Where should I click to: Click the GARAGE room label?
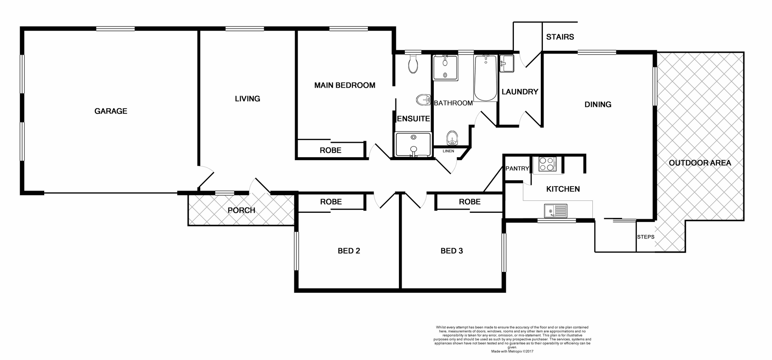(x=111, y=111)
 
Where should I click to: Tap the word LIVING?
(x=247, y=99)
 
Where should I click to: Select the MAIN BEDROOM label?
(x=345, y=85)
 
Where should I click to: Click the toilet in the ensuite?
(x=413, y=64)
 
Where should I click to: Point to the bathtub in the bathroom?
(x=485, y=78)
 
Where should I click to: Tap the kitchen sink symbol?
(x=555, y=210)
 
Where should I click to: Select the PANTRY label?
(x=517, y=169)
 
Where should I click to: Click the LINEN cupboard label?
(x=448, y=151)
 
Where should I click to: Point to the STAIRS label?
(x=560, y=37)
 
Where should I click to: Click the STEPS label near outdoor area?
(x=645, y=237)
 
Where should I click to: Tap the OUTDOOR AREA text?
(x=700, y=163)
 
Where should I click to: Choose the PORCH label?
(x=241, y=210)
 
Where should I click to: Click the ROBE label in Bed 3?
(x=470, y=202)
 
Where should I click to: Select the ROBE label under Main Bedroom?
(x=331, y=150)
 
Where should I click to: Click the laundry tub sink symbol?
(x=506, y=64)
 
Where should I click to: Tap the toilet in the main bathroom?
(x=452, y=138)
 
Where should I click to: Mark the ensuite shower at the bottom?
(x=413, y=144)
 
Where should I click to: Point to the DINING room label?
(x=597, y=105)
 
